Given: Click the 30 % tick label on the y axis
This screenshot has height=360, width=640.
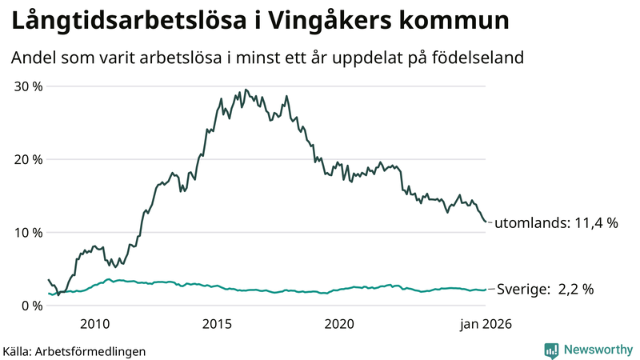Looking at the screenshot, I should [x=26, y=86].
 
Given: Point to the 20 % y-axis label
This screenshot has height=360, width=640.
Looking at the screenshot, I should [x=26, y=159].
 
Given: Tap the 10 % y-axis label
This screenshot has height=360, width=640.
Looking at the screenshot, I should [x=26, y=233].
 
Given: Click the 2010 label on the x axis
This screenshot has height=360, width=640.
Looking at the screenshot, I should [x=94, y=324].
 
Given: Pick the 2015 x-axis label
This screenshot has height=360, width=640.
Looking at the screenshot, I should [x=217, y=324].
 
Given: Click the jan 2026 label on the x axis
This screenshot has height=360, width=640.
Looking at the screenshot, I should [x=486, y=324].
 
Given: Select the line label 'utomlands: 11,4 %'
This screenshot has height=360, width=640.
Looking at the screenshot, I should [x=557, y=224].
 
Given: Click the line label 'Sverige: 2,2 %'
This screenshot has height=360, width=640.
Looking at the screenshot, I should [x=546, y=290].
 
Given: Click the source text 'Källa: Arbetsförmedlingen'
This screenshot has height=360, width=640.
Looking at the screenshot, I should [x=74, y=350].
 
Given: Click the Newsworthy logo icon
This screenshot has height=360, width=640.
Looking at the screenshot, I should [x=551, y=350].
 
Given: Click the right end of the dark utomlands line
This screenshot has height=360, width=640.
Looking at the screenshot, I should [x=486, y=222].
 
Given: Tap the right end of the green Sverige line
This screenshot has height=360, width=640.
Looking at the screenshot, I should [x=486, y=290].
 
